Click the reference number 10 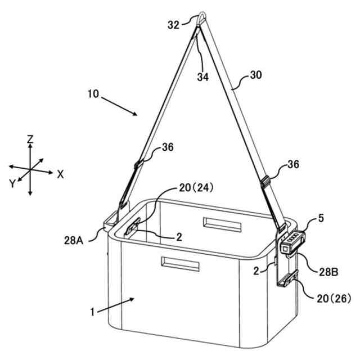(x=94, y=94)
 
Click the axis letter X (x=60, y=174)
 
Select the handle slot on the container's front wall (x=179, y=263)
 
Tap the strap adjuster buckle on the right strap (x=267, y=182)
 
